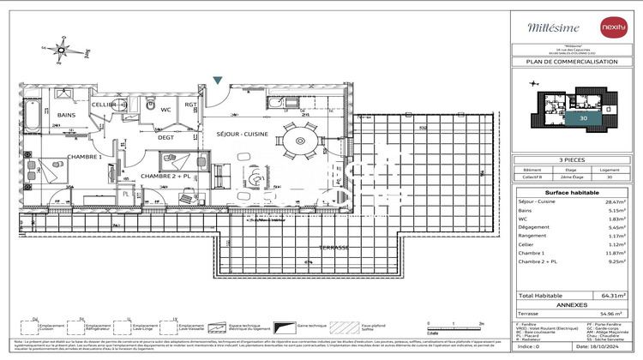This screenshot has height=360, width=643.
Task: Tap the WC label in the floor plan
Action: pyautogui.click(x=165, y=110)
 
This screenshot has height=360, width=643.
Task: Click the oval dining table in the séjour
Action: pyautogui.click(x=301, y=141)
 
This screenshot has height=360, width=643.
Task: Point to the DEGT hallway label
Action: pyautogui.click(x=166, y=137)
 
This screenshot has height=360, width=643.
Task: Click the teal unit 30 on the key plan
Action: pyautogui.click(x=583, y=118)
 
